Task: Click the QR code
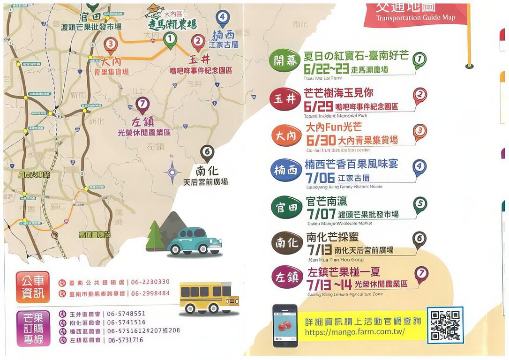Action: tap(445, 325)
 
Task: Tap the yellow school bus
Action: tap(209, 298)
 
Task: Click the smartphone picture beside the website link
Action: tap(285, 325)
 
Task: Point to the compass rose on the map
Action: tap(172, 172)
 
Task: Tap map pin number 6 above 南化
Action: tap(207, 153)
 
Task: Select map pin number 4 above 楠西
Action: tap(223, 19)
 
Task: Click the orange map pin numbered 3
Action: tap(110, 45)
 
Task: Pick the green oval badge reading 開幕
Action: tap(285, 61)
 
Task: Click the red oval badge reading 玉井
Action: tap(285, 98)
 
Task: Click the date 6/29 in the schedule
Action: tap(318, 105)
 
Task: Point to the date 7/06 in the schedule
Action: tap(320, 178)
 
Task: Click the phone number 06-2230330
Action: tap(150, 282)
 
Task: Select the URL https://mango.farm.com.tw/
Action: tap(354, 332)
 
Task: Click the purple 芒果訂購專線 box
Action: tap(33, 328)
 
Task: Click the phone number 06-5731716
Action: tap(125, 340)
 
